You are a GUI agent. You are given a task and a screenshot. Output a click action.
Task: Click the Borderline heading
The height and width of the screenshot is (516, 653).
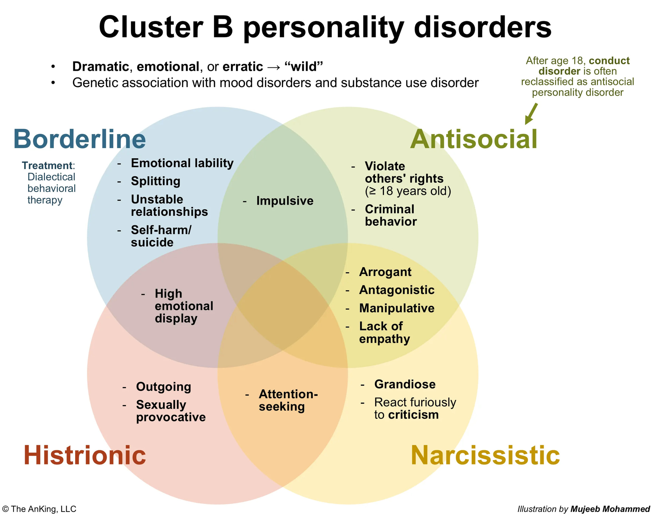(x=80, y=140)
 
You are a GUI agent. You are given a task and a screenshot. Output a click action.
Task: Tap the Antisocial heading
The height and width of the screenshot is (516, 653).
(x=473, y=140)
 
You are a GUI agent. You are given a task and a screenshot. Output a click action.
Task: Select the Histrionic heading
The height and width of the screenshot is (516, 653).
(x=85, y=455)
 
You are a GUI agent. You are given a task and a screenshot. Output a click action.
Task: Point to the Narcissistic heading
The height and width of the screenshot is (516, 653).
(x=485, y=455)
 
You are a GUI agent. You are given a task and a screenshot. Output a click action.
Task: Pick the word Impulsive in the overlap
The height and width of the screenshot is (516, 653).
(x=285, y=201)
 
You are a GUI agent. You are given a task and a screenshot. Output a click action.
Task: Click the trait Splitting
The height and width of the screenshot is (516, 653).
(x=155, y=181)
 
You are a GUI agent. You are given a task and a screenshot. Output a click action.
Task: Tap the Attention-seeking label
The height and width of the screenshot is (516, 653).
(x=288, y=400)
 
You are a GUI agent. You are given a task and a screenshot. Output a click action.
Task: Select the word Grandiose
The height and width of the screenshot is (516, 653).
(x=405, y=384)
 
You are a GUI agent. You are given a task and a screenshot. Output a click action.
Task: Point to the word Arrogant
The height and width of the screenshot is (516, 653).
(x=385, y=272)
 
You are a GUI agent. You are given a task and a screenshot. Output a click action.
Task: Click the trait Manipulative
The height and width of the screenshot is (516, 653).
(x=397, y=308)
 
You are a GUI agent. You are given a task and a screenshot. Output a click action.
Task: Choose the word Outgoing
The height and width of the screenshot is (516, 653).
(x=164, y=387)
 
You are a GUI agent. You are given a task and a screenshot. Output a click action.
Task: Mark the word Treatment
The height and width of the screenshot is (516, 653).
(x=47, y=165)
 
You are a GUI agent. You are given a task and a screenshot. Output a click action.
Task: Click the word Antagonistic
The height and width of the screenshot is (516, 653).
(x=397, y=290)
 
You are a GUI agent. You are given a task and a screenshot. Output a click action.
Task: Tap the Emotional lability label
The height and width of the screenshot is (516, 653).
(x=182, y=163)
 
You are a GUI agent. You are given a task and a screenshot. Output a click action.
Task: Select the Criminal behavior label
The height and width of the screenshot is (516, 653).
(x=390, y=215)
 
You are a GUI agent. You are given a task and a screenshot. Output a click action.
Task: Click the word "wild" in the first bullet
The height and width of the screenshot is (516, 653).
(x=304, y=67)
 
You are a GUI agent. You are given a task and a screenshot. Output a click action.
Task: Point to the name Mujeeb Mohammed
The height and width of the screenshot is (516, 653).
(x=610, y=509)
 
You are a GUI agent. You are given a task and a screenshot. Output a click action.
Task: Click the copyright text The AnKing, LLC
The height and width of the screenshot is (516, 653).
(x=43, y=509)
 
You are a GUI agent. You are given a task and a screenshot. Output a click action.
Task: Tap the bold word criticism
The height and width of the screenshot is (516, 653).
(x=413, y=415)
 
